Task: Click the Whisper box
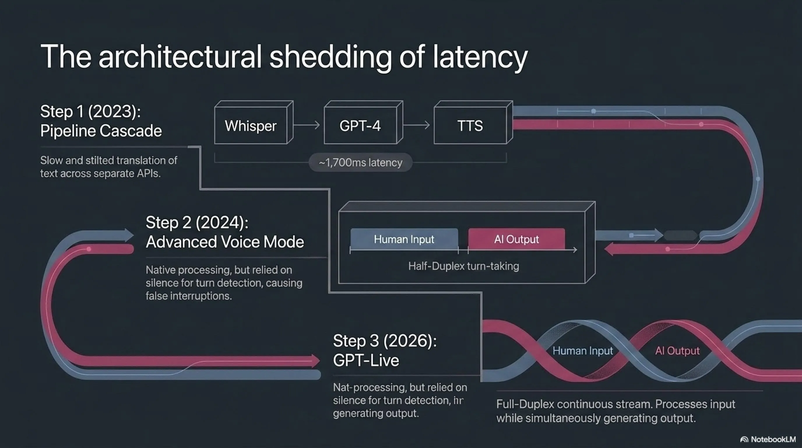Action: click(254, 122)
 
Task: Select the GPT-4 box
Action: click(363, 122)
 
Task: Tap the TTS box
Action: click(473, 122)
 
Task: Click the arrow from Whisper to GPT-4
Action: click(307, 125)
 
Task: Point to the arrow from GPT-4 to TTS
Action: click(416, 125)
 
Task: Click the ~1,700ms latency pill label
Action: click(360, 162)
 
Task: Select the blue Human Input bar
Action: click(404, 239)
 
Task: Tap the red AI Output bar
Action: click(516, 239)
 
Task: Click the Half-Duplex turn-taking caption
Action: click(464, 266)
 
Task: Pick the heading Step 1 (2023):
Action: click(90, 112)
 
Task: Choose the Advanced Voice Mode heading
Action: click(225, 242)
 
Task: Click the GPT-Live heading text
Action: click(366, 360)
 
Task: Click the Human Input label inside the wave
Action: click(583, 351)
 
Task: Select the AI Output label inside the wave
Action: click(677, 351)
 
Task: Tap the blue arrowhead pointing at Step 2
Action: click(129, 235)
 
